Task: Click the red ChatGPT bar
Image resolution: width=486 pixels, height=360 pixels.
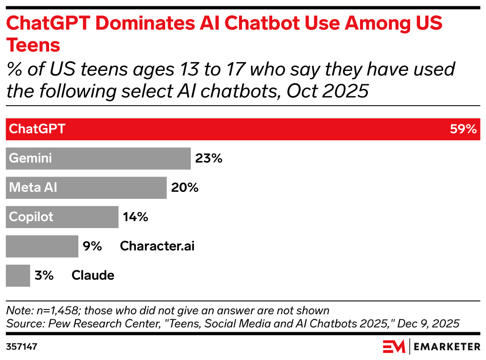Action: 243,129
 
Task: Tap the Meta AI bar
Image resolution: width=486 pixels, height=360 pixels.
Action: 86,188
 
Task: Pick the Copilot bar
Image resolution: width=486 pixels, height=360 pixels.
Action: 62,217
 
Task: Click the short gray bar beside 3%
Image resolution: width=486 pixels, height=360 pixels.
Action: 18,275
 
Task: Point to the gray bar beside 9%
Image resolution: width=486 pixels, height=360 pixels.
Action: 42,246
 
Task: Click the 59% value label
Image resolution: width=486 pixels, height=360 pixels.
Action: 463,129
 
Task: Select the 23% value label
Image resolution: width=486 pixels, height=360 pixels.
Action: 209,159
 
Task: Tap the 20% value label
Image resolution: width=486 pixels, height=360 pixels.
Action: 184,188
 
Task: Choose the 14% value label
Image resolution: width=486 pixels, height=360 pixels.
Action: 135,217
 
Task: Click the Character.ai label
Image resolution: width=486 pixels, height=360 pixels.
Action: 157,246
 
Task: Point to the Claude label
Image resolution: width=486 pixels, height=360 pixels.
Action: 93,275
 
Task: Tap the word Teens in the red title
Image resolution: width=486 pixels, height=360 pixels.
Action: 33,45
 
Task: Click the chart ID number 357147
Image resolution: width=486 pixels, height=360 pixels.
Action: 22,346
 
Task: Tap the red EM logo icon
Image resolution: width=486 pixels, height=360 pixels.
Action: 394,346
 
